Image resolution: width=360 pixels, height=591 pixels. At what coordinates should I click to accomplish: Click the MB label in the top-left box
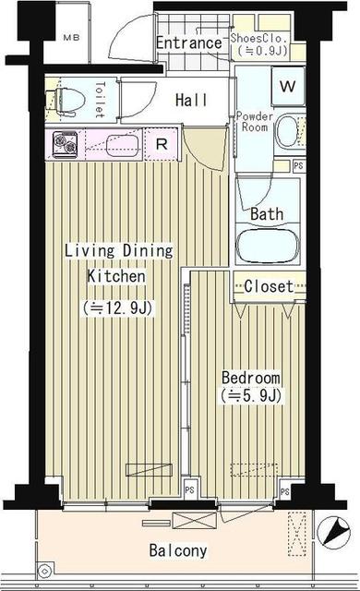[69, 38]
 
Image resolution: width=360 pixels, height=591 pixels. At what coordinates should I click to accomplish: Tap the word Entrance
[188, 42]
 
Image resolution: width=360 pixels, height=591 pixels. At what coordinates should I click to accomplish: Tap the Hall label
[191, 100]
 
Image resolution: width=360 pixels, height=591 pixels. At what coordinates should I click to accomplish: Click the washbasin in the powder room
[287, 130]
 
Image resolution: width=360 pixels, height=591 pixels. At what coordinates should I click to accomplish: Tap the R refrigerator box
[161, 145]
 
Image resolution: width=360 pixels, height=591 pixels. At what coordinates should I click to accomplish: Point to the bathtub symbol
[268, 247]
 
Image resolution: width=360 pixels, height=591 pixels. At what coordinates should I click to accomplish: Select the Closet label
[268, 286]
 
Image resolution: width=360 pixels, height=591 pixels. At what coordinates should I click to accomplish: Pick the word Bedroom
[250, 379]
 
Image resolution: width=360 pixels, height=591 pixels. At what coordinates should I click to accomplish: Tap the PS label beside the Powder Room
[297, 166]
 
